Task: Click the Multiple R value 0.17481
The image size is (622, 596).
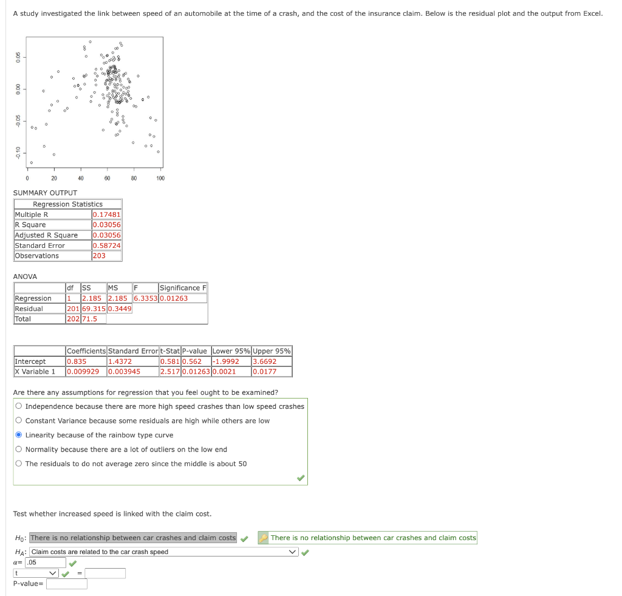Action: [x=106, y=214]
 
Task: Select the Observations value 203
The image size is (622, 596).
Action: [x=99, y=256]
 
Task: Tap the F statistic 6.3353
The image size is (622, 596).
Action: [x=146, y=298]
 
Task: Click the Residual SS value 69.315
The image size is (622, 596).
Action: [x=94, y=308]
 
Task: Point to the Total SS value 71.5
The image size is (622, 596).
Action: [x=90, y=318]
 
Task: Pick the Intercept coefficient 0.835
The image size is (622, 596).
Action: [x=77, y=361]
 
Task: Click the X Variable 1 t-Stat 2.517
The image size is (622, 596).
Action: [x=170, y=371]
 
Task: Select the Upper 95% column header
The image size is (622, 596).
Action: [x=272, y=351]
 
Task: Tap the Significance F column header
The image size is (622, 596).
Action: [x=183, y=288]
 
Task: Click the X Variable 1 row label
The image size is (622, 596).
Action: [x=35, y=371]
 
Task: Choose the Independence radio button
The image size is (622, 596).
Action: [x=19, y=406]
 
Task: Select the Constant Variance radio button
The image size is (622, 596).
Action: [x=19, y=420]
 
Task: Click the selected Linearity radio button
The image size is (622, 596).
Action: [x=19, y=434]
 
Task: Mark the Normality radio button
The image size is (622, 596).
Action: [x=19, y=449]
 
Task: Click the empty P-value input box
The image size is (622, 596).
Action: [x=67, y=584]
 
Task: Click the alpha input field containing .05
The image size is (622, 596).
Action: [x=46, y=562]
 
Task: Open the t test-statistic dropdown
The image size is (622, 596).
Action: [x=36, y=573]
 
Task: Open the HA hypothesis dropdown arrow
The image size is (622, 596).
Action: [x=292, y=552]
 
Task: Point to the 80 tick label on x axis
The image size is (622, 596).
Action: [x=134, y=178]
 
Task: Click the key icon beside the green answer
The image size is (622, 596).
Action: [x=264, y=538]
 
